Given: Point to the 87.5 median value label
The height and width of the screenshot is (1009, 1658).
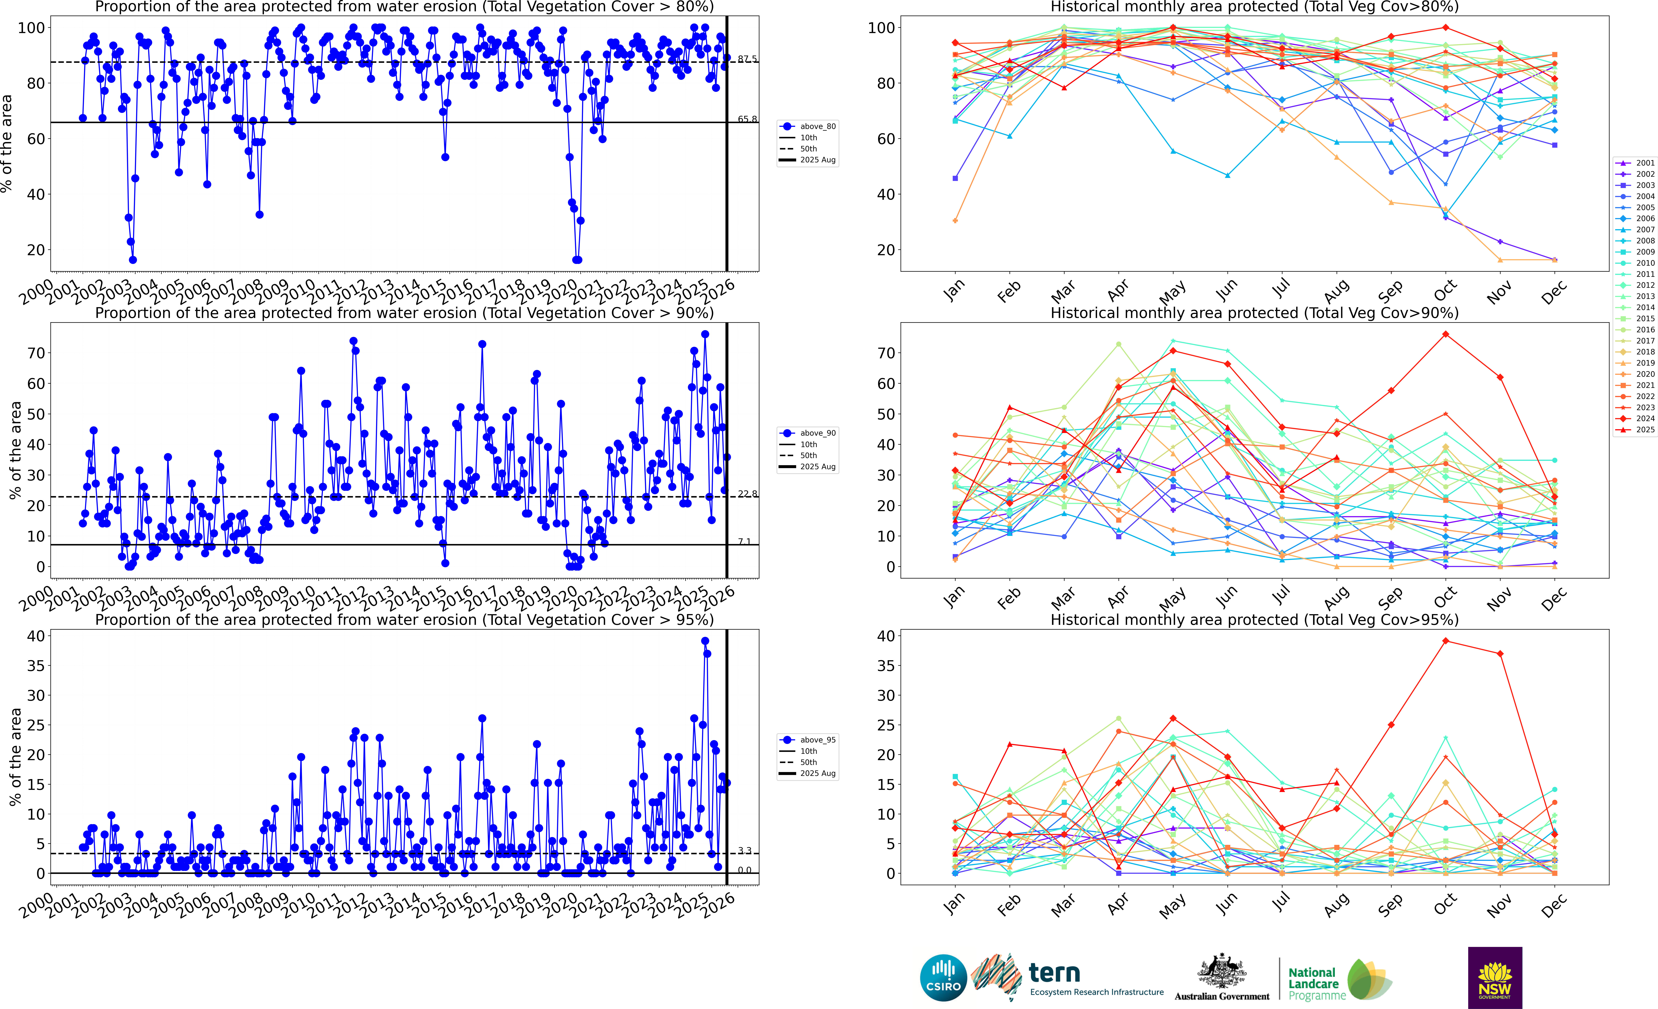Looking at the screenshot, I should coord(747,59).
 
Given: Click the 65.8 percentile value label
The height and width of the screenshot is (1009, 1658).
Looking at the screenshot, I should coord(747,119).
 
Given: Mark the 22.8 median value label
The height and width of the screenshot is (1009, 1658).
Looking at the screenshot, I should coord(747,494).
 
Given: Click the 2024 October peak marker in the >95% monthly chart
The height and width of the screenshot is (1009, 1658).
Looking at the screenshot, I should coord(1445,641).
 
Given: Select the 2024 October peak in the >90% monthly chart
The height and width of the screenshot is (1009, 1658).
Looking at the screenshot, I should coord(1445,334).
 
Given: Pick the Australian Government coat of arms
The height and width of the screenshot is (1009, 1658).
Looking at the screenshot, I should coord(1221,972).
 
